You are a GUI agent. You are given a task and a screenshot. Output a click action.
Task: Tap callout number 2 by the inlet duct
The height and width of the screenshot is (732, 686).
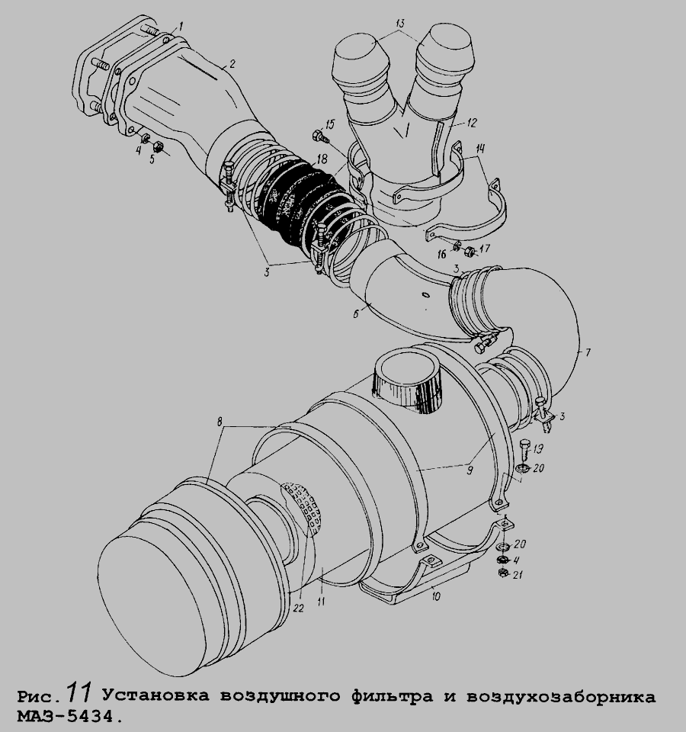pyautogui.click(x=232, y=63)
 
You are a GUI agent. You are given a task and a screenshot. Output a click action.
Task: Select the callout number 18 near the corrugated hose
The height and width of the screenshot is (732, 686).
pyautogui.click(x=322, y=159)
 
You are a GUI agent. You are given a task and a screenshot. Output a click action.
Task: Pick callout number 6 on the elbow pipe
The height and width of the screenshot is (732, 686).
pyautogui.click(x=356, y=313)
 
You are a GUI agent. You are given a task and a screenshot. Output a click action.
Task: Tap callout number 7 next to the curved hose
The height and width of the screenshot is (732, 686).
pyautogui.click(x=588, y=352)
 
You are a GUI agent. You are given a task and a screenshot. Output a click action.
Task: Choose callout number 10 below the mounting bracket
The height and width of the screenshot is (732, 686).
pyautogui.click(x=436, y=596)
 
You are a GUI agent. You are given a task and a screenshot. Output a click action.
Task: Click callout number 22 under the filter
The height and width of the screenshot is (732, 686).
pyautogui.click(x=299, y=608)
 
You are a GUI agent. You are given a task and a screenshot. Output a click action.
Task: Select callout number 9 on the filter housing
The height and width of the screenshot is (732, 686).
pyautogui.click(x=470, y=470)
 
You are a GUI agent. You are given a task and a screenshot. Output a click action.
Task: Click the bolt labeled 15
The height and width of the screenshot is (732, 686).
pyautogui.click(x=320, y=136)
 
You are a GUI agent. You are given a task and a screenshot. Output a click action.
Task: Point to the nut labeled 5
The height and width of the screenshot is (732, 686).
pyautogui.click(x=159, y=146)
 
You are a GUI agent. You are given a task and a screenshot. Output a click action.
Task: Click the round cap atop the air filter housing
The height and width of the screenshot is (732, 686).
pyautogui.click(x=409, y=378)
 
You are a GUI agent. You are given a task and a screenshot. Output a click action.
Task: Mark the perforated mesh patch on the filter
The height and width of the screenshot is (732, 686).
pyautogui.click(x=303, y=506)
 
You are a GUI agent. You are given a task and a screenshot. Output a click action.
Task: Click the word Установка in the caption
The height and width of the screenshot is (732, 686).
pyautogui.click(x=156, y=696)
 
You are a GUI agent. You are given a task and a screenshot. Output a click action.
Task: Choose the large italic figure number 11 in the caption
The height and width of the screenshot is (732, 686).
pyautogui.click(x=80, y=693)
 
